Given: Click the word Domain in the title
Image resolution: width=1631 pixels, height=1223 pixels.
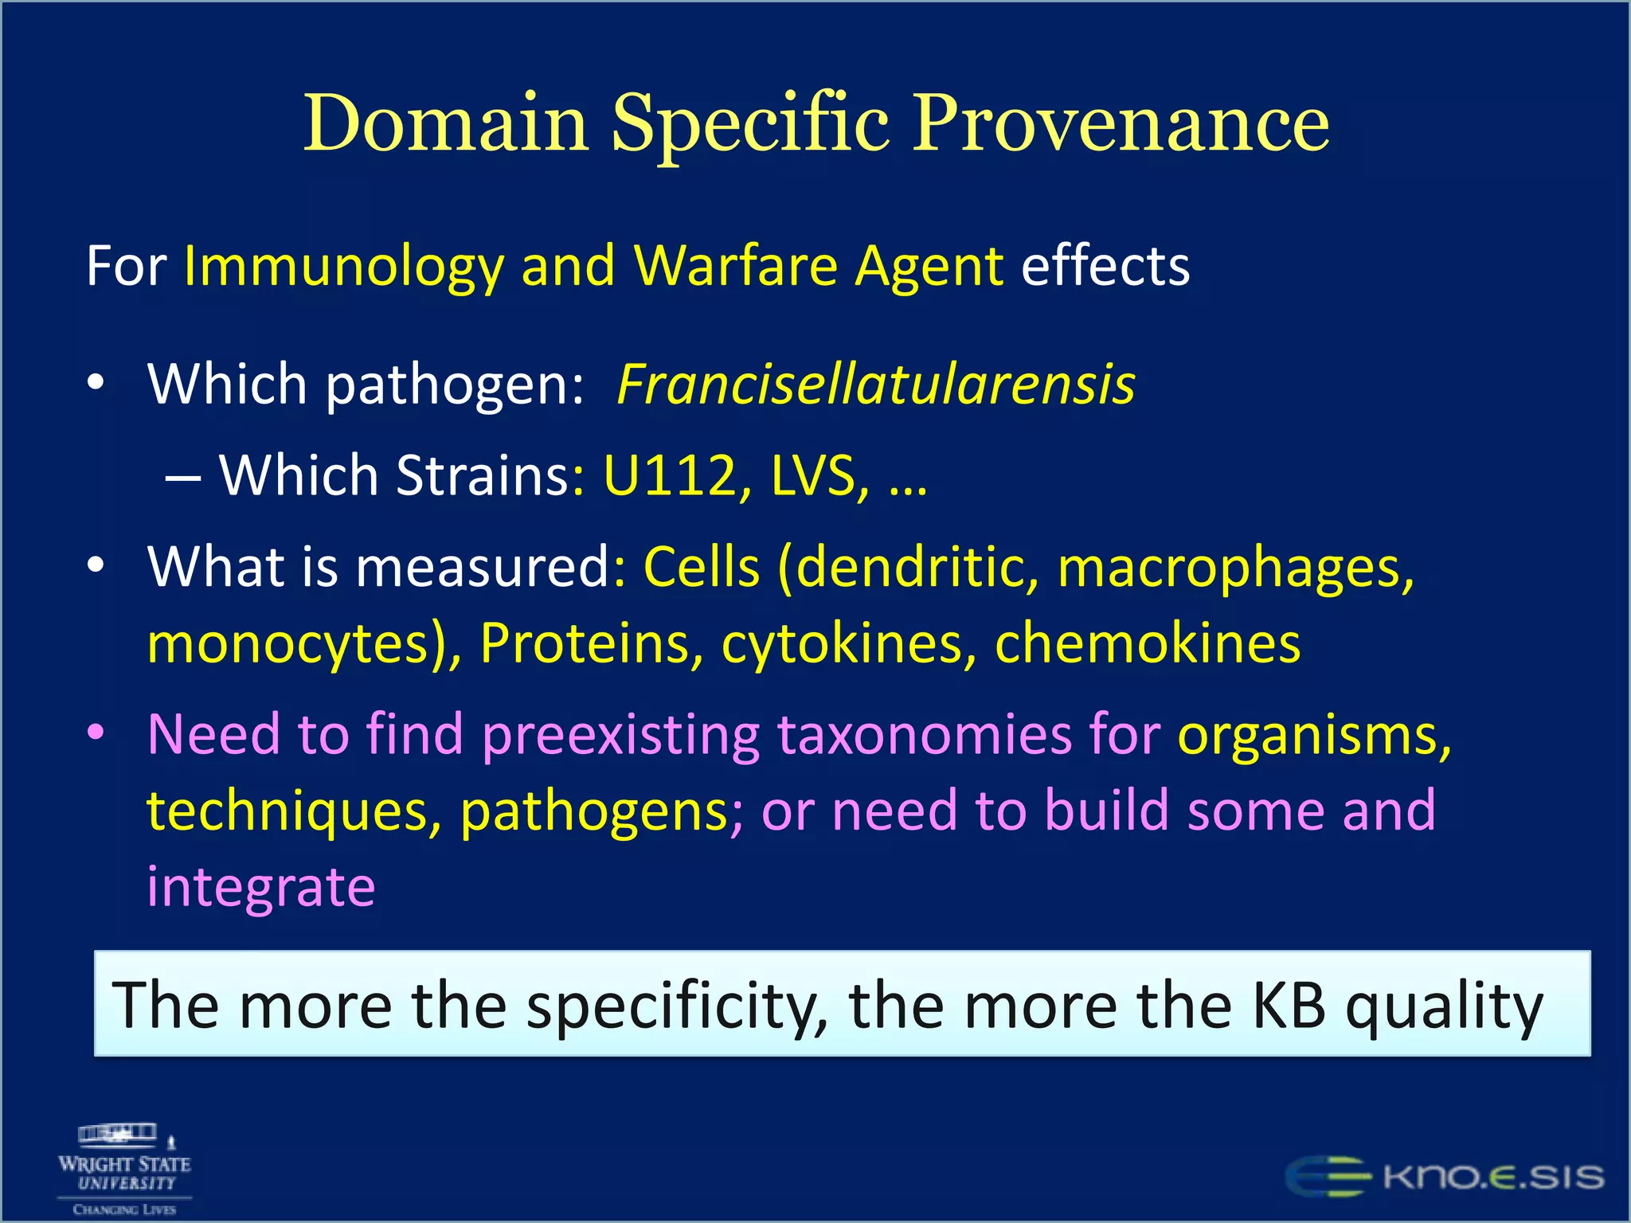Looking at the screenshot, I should coord(446,123).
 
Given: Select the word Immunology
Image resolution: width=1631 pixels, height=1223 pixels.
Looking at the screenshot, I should coord(343,267).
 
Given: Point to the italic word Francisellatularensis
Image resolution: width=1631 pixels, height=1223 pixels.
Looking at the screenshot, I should coord(875,385).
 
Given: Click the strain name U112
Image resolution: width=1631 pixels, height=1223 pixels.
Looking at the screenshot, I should coord(670,475).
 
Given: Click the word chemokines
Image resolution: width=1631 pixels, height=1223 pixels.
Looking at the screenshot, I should coord(1148,643).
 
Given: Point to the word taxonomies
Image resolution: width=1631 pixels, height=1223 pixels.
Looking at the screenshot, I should coord(924,734).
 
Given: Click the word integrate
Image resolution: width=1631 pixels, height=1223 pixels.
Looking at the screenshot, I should coord(260,886).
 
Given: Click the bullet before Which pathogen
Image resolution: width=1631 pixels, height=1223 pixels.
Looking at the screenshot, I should coord(96,383).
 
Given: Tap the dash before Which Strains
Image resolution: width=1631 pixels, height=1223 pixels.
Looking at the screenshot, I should coord(182,478).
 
